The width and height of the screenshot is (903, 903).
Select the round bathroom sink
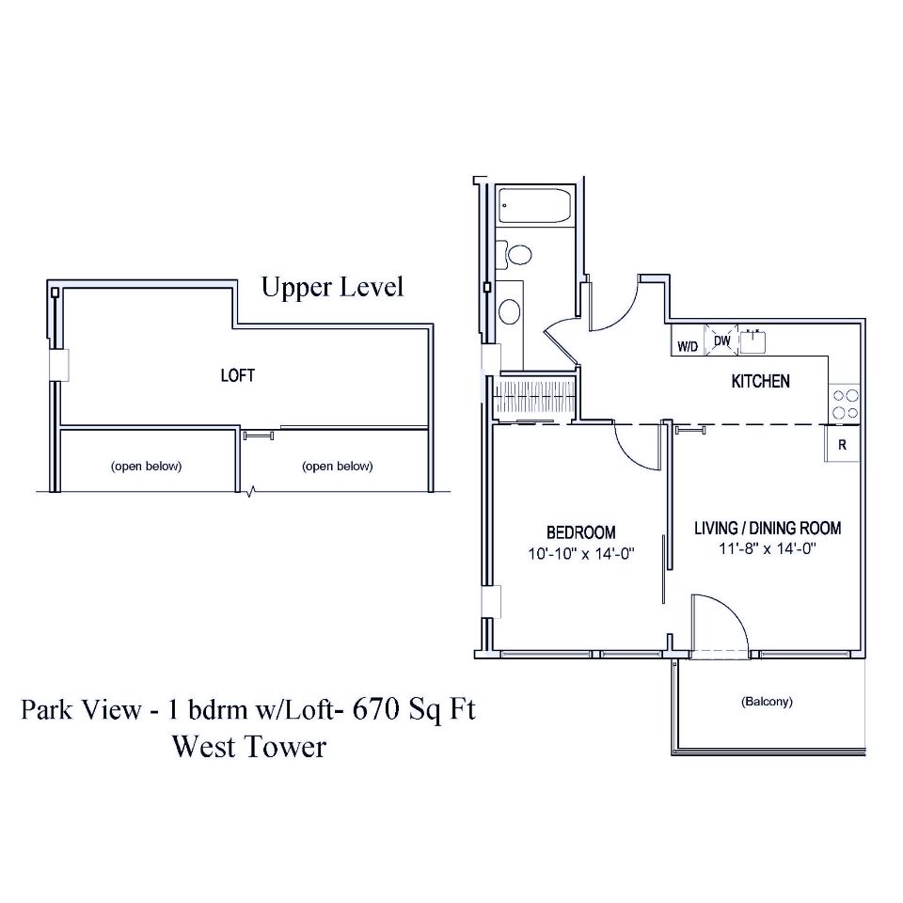pos(510,311)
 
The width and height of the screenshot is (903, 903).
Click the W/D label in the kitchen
pos(688,346)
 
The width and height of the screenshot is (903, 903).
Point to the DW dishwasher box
pos(722,341)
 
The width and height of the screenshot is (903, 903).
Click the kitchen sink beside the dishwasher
pos(752,341)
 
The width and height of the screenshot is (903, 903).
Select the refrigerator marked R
pos(843,445)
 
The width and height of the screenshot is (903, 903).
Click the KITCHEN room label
pos(760,382)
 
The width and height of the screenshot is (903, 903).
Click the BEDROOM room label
pos(581,532)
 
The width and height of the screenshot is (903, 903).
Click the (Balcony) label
pos(767,702)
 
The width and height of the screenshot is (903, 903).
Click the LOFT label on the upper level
pos(237,375)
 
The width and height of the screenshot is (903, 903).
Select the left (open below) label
pos(146,467)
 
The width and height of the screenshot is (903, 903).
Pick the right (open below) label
pos(338,467)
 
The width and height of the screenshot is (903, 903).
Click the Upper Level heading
pos(332,287)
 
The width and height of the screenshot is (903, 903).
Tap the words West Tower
pos(248,747)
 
